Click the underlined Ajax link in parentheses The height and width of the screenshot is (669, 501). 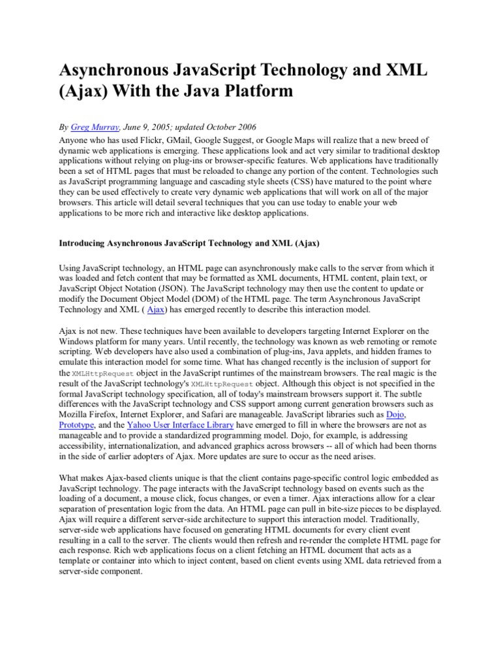pyautogui.click(x=156, y=310)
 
